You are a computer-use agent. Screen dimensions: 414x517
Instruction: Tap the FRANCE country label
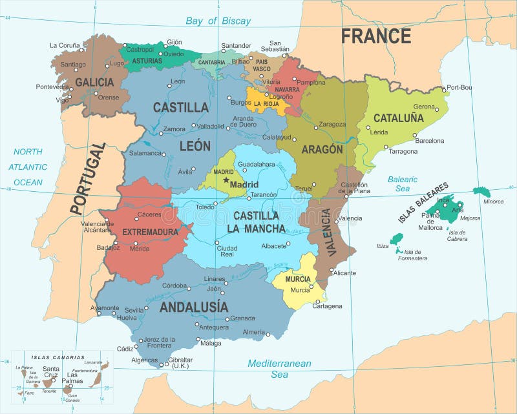tap(375, 36)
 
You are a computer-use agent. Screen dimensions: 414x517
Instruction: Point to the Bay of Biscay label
tap(218, 21)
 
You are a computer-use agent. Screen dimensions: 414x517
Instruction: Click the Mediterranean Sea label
tap(279, 369)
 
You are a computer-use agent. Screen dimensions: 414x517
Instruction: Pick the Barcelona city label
tap(429, 140)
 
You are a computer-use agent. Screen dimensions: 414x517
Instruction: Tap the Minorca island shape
tap(481, 192)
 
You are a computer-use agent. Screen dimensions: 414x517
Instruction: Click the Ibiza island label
tap(383, 245)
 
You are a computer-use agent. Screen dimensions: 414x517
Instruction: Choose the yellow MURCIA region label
tap(298, 279)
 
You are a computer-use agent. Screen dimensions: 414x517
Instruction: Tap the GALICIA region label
tap(94, 82)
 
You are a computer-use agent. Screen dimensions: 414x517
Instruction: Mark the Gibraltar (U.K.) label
tap(180, 362)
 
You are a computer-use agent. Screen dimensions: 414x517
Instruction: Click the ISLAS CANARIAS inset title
tap(58, 357)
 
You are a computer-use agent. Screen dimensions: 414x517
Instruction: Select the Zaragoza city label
tap(332, 124)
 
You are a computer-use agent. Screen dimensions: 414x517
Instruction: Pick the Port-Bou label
tap(459, 87)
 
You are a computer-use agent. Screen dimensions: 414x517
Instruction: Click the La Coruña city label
tap(65, 45)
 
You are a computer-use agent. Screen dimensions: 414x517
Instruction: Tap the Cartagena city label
tap(327, 305)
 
